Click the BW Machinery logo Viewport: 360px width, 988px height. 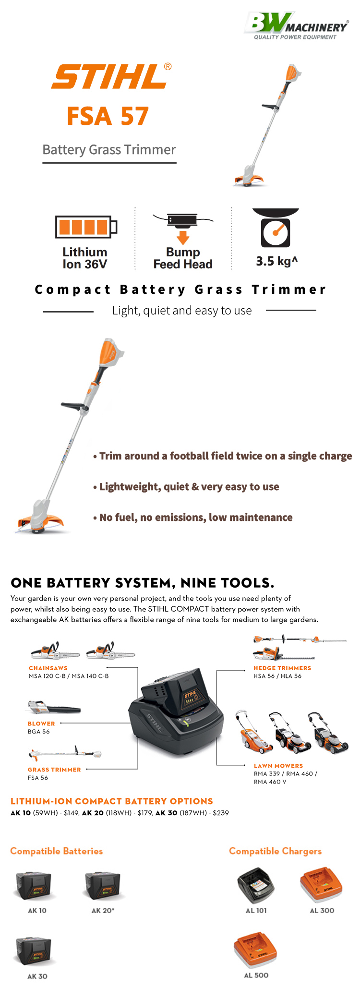(296, 26)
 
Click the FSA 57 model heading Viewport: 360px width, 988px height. (108, 116)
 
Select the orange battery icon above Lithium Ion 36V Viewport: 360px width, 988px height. (86, 227)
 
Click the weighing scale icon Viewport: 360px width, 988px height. (276, 228)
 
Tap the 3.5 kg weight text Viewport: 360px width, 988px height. (277, 261)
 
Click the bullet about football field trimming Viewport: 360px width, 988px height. (222, 456)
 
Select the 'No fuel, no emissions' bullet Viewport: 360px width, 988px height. (192, 518)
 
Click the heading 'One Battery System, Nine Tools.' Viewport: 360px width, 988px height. (143, 583)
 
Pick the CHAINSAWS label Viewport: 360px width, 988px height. (48, 668)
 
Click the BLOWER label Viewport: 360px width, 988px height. (41, 723)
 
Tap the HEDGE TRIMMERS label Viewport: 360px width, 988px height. (282, 668)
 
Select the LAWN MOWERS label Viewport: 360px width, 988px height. (278, 766)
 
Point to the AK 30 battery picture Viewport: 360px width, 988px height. (34, 952)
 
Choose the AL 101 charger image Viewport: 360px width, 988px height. (256, 886)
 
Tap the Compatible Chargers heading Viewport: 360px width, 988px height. (276, 851)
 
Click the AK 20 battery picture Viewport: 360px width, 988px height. (103, 886)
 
